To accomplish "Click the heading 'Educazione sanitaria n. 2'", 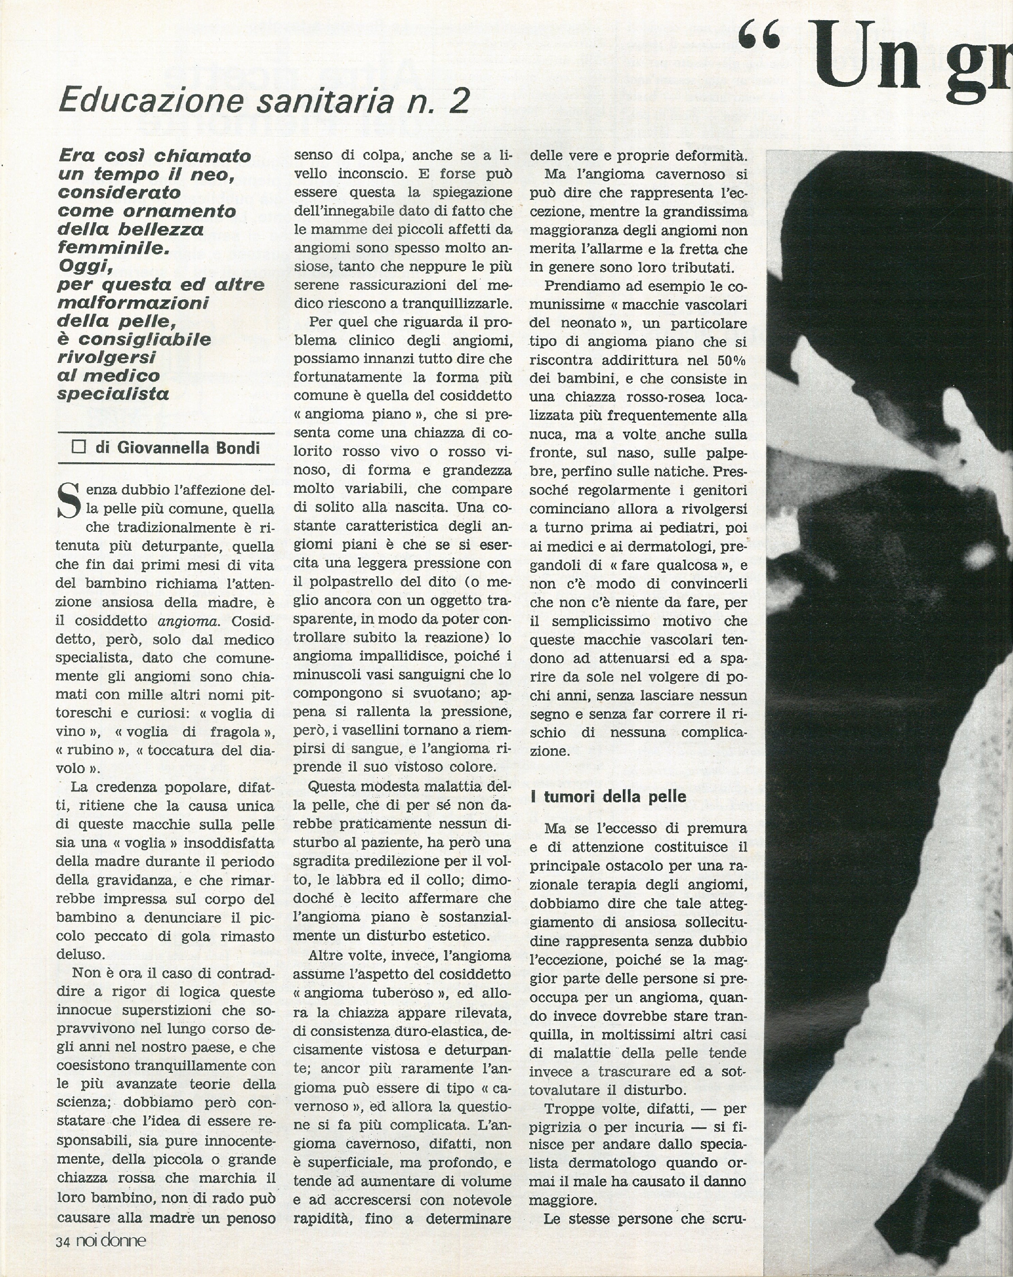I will pyautogui.click(x=264, y=101).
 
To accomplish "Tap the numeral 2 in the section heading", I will pyautogui.click(x=458, y=101).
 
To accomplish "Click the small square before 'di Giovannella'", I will pyautogui.click(x=78, y=447).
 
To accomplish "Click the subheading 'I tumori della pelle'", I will pyautogui.click(x=608, y=797).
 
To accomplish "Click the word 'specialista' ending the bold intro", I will pyautogui.click(x=113, y=394).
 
